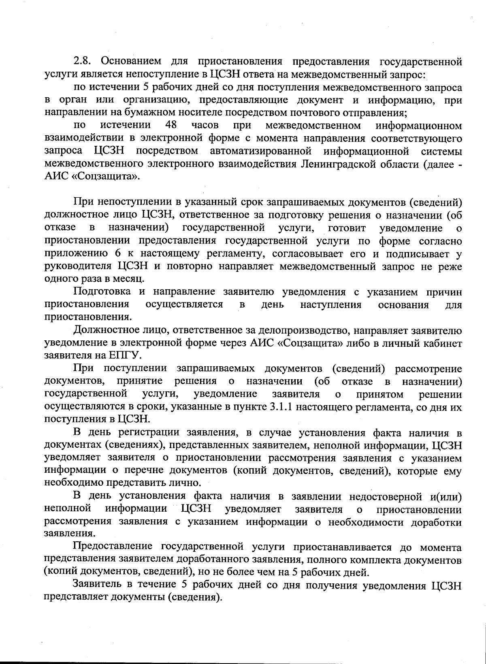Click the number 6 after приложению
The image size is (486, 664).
(117, 254)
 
